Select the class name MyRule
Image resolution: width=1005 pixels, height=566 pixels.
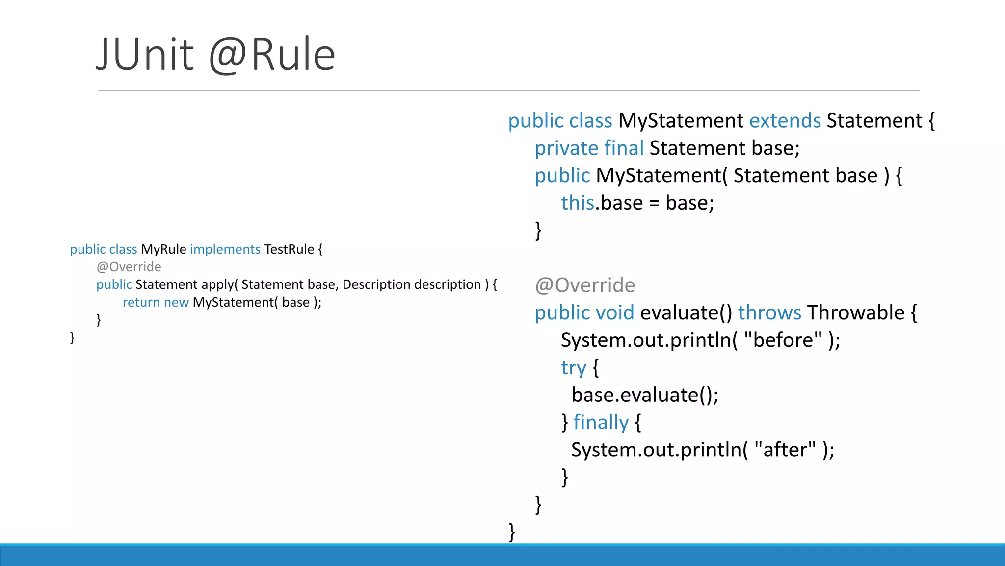pos(163,249)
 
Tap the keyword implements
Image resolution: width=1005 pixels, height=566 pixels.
pos(225,249)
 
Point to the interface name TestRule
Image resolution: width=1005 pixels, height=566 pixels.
pos(289,249)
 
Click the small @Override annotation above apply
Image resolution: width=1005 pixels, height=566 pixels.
pos(129,267)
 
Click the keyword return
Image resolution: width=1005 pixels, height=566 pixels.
pos(141,302)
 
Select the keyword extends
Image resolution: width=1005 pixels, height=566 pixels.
pos(785,121)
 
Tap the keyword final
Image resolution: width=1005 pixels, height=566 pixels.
pos(624,148)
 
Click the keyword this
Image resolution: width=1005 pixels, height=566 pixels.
pos(578,203)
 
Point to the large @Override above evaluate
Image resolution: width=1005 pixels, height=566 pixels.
pos(585,285)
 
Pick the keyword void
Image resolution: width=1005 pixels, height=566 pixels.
pos(615,313)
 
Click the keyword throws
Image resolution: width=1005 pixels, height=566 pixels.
pos(769,313)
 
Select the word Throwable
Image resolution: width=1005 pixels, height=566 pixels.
pos(856,313)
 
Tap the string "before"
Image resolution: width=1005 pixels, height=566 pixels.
pos(783,340)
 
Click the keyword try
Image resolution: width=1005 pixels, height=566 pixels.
pos(573,368)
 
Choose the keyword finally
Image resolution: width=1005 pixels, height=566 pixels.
pos(601,423)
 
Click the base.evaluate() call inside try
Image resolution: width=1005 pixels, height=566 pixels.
pos(645,395)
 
